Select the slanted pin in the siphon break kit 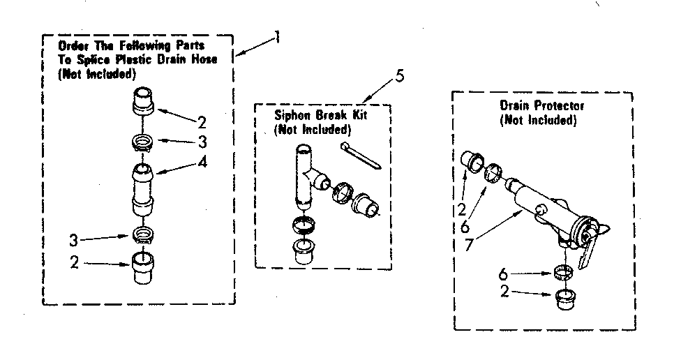tap(359, 155)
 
